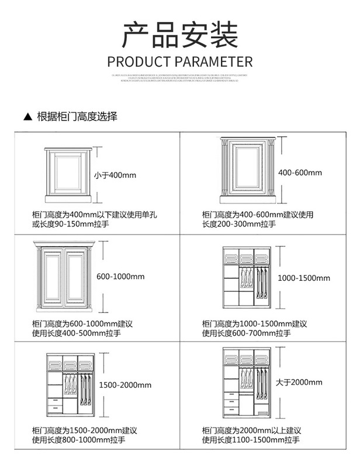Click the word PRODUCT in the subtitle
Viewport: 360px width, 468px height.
pos(139,62)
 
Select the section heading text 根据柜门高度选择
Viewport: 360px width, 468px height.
pos(77,116)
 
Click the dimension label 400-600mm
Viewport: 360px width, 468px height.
pos(300,173)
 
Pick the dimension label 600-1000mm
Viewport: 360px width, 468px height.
pos(120,277)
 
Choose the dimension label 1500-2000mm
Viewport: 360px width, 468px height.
pos(125,385)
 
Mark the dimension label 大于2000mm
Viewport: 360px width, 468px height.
pos(299,382)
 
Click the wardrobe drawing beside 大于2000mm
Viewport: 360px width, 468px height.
pos(246,384)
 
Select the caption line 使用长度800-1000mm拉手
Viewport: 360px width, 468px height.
pos(77,440)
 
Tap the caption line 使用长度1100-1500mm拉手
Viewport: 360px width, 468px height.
pos(251,440)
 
